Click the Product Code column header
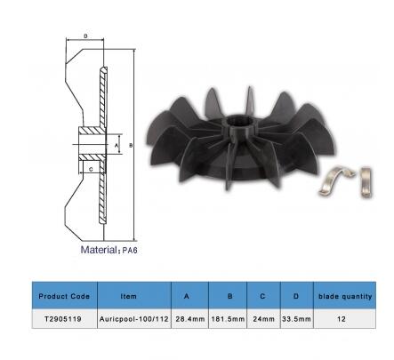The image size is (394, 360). [x=64, y=296]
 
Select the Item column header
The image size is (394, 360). [x=129, y=296]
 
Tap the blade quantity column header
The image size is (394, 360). [x=345, y=296]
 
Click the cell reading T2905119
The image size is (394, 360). [x=63, y=319]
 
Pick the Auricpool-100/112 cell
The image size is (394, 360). [x=134, y=319]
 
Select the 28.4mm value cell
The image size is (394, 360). [x=190, y=319]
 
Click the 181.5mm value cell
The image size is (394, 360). [x=228, y=319]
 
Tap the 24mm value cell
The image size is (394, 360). [x=263, y=319]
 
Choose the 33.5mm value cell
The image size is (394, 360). [x=296, y=319]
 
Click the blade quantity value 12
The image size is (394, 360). [x=342, y=319]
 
